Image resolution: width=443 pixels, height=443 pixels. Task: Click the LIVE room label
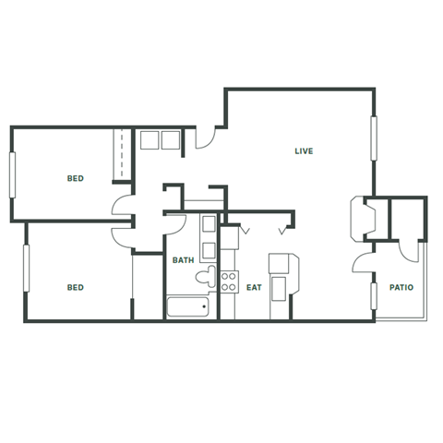[304, 150]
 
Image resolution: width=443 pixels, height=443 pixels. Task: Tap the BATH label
[184, 260]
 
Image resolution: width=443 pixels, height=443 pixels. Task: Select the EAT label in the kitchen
[255, 287]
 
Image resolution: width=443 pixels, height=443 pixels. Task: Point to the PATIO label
[401, 287]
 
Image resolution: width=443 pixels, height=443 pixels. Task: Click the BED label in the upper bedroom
[75, 177]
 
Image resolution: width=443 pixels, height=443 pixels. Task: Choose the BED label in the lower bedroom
[75, 287]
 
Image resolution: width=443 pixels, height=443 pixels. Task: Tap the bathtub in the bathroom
[190, 307]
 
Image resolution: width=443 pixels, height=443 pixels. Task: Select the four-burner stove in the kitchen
[229, 282]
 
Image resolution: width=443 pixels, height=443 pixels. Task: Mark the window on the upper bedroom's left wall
[13, 174]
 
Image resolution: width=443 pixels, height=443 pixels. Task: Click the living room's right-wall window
[375, 136]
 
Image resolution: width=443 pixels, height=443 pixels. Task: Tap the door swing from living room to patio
[363, 262]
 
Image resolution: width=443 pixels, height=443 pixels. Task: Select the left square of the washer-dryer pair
[150, 139]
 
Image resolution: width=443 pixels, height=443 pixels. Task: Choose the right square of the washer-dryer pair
[172, 139]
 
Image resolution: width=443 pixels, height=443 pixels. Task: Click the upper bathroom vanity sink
[210, 225]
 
